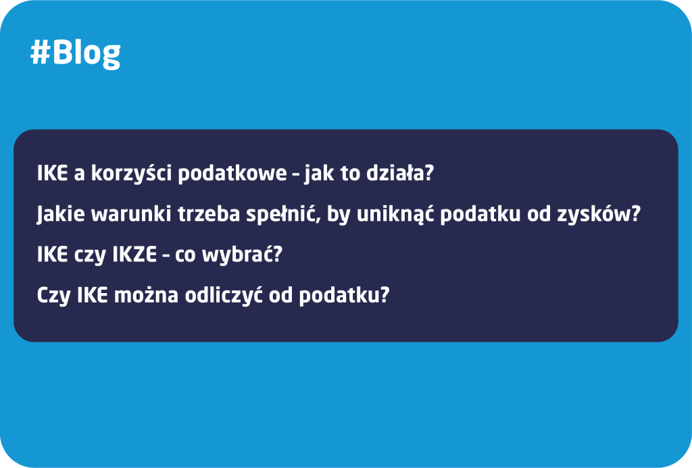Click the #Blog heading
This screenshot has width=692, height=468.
(76, 54)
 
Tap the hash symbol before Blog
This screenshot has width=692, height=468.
(40, 53)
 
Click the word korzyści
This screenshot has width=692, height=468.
(131, 172)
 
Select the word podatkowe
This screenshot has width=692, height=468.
(232, 173)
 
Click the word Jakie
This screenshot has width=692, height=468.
(61, 214)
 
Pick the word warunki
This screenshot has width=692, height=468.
(131, 214)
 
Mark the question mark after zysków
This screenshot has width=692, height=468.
(635, 214)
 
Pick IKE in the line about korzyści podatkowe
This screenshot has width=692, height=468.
(53, 173)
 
